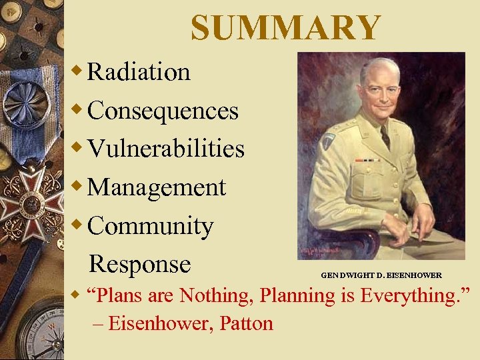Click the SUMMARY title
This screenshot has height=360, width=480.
pos(285,27)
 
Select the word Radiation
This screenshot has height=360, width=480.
pos(139,72)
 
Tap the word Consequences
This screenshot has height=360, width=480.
pos(163,111)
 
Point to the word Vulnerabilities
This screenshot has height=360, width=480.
pos(166,149)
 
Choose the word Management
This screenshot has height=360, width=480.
pos(157,187)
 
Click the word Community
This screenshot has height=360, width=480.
pos(150,226)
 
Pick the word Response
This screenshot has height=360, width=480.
pos(140,264)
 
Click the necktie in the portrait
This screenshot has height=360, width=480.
pos(385,137)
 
